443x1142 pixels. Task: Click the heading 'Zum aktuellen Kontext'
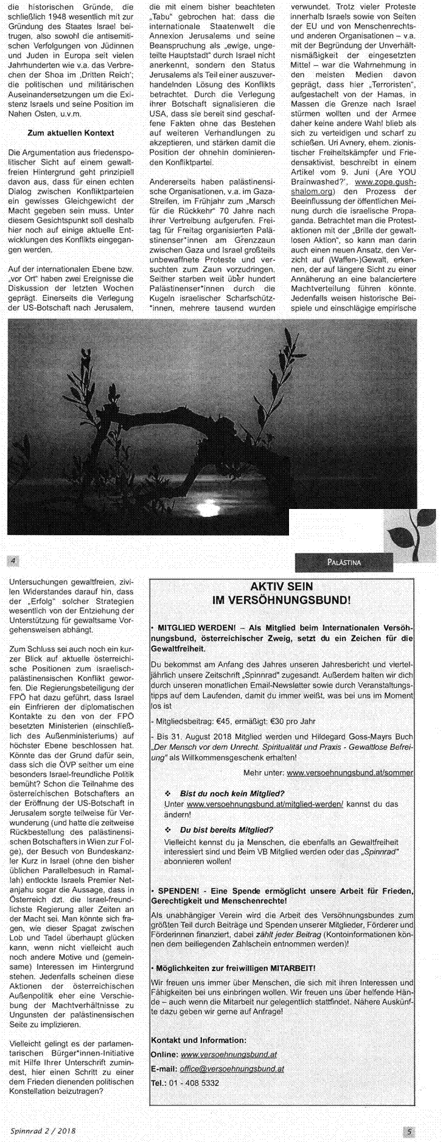pos(71,133)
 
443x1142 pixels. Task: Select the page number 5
pos(410,1132)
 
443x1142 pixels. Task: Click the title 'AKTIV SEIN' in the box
pos(282,587)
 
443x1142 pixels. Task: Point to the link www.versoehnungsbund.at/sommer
pos(350,773)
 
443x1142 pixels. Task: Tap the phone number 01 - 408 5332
pos(194,1083)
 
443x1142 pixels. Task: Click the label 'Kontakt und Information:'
pos(198,1040)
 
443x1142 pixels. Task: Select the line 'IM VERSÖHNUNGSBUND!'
pos(281,600)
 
